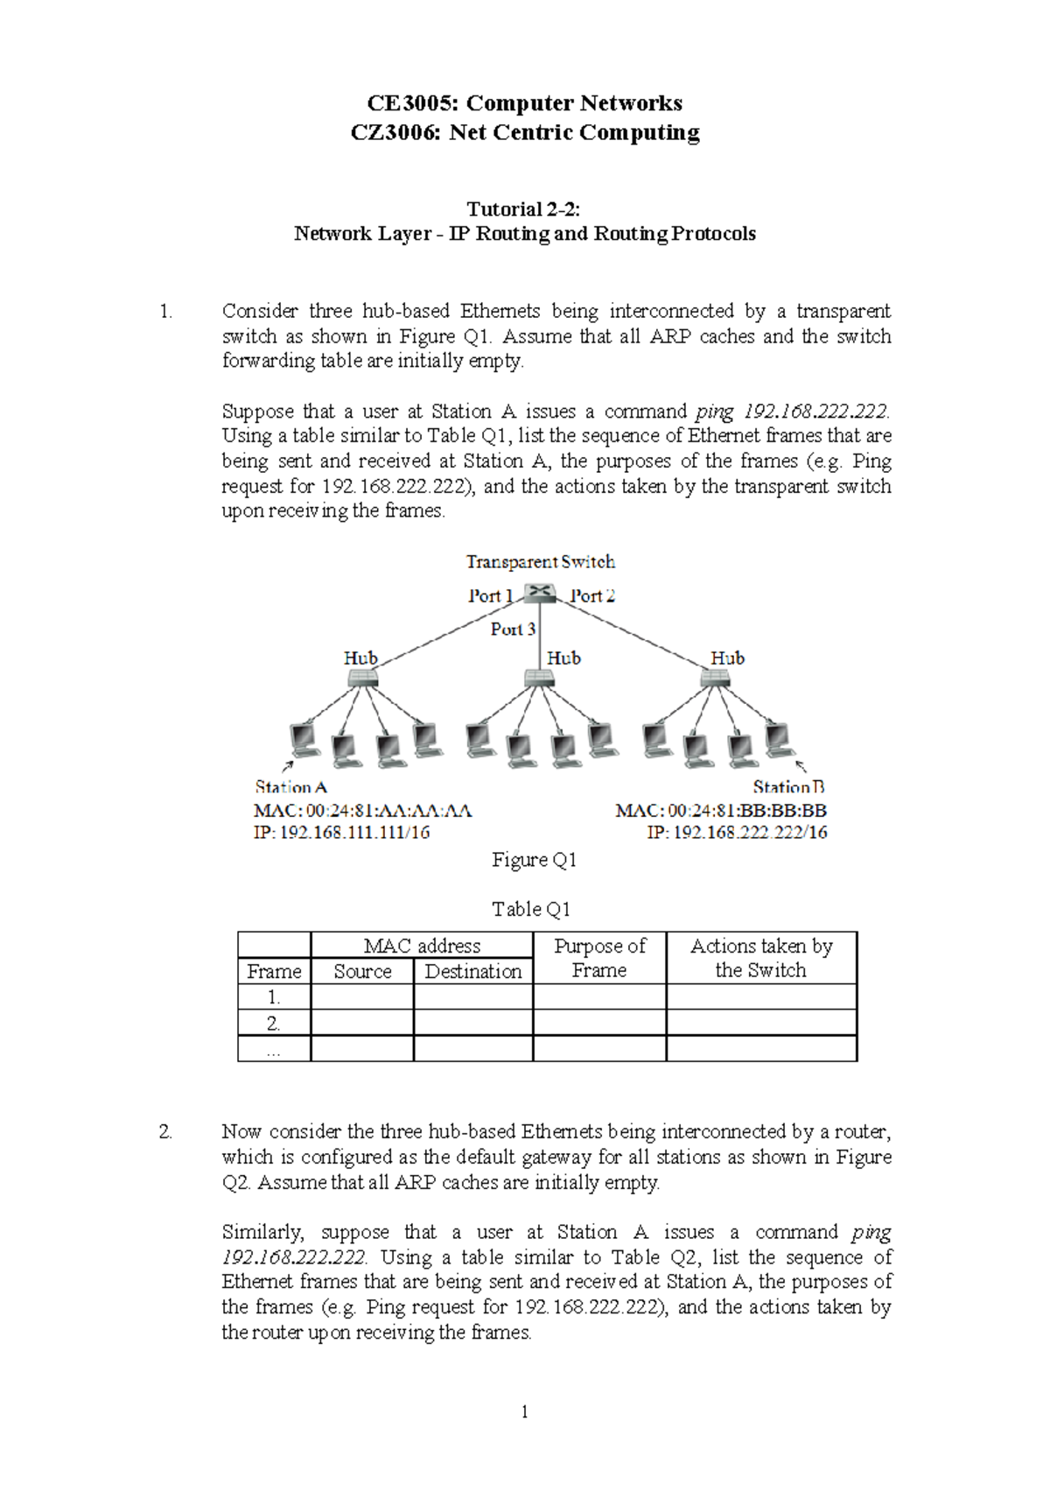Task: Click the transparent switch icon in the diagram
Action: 541,593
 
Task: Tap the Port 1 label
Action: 490,596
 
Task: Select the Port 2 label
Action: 592,596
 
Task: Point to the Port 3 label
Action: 513,629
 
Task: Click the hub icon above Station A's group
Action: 361,678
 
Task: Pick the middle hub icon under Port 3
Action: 539,678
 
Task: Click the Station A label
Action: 290,787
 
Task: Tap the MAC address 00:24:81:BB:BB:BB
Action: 721,811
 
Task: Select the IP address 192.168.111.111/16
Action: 341,833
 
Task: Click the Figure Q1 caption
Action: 534,860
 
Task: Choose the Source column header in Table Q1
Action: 362,971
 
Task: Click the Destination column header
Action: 472,971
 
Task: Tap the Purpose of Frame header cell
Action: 599,958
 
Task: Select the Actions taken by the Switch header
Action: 761,958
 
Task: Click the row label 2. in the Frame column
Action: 274,1023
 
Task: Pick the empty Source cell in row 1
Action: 362,997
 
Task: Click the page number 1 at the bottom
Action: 524,1411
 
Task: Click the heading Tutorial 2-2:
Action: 523,209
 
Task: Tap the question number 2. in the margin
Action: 165,1132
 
